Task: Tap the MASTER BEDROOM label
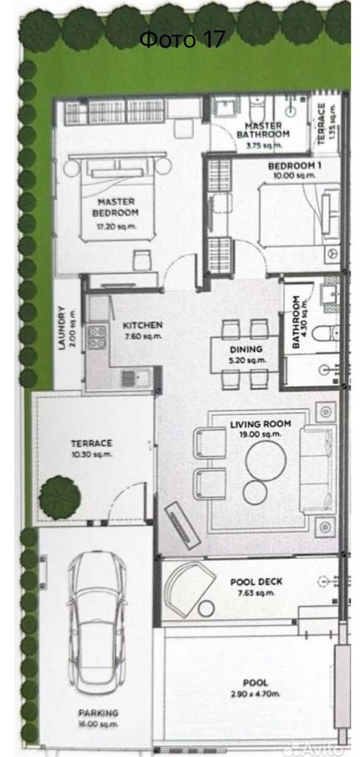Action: (115, 208)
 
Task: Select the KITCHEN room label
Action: (142, 325)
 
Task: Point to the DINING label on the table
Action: (246, 349)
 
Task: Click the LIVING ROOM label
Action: (260, 424)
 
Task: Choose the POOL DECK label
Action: (257, 582)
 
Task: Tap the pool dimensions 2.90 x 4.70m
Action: (255, 694)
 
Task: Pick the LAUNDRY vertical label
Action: (61, 328)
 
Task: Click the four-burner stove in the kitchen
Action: (97, 337)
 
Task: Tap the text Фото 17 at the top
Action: (182, 39)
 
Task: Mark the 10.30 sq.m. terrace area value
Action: (92, 454)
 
